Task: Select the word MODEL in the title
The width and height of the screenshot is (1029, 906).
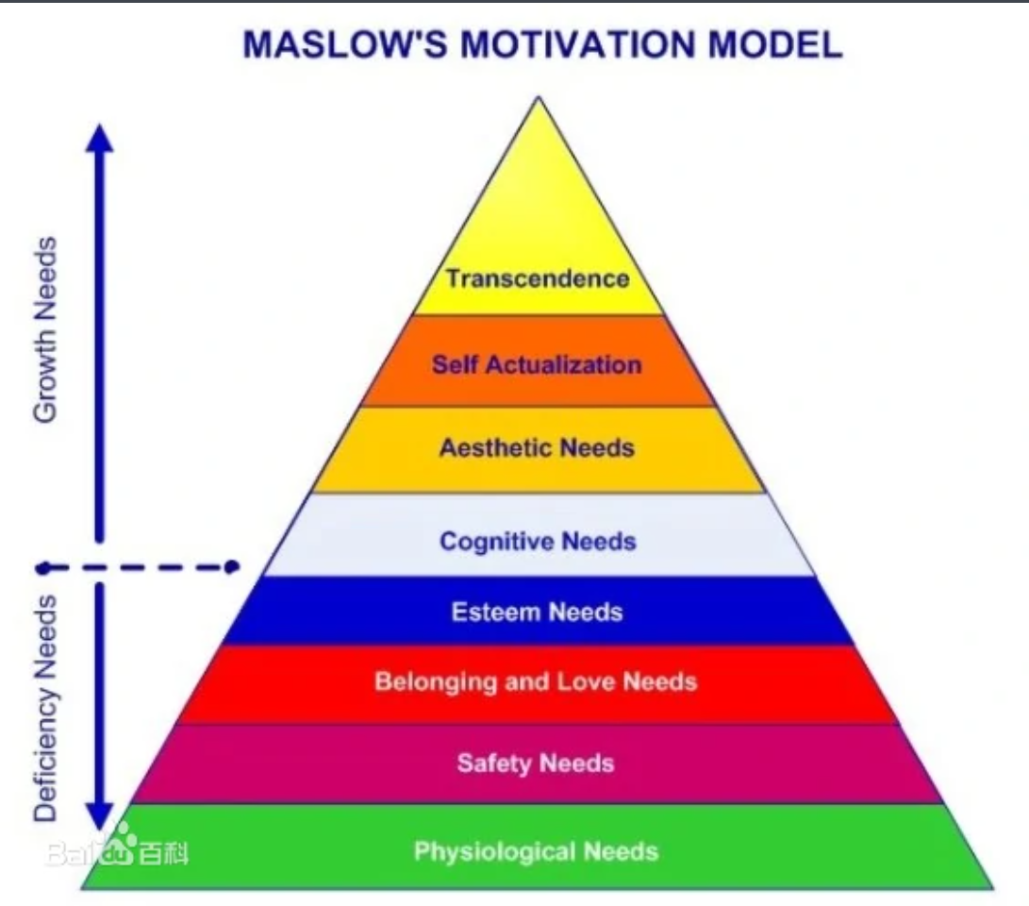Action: click(x=775, y=44)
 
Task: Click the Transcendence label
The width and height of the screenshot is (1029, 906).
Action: click(x=538, y=278)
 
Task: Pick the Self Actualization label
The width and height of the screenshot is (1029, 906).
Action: click(x=537, y=364)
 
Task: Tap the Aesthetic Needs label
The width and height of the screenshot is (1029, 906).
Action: click(x=537, y=447)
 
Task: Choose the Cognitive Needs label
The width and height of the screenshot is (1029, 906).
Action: click(x=539, y=542)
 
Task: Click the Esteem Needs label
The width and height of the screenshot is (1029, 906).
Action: click(x=537, y=612)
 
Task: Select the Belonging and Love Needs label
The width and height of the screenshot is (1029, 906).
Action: click(x=536, y=681)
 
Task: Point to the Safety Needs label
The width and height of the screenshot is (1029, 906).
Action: click(x=536, y=763)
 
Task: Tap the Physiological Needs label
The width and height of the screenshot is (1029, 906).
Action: click(x=536, y=851)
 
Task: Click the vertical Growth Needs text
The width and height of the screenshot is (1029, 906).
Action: click(x=45, y=329)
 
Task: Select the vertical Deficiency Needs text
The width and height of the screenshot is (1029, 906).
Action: click(x=45, y=708)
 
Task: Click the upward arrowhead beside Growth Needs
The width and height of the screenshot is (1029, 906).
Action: click(x=99, y=138)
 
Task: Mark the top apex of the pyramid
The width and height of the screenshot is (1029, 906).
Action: click(x=539, y=98)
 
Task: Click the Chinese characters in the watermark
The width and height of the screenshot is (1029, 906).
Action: click(x=163, y=853)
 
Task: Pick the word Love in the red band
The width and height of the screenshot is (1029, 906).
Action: click(x=586, y=681)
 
